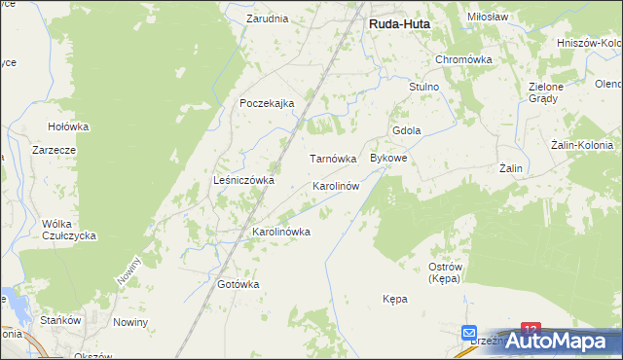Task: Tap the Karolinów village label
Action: (x=336, y=185)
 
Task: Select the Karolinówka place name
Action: (x=280, y=232)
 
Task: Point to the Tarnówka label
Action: (x=333, y=158)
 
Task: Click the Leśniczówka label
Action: (x=243, y=180)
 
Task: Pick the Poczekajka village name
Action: (x=267, y=104)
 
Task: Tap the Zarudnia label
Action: (x=267, y=18)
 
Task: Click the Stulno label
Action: (x=424, y=87)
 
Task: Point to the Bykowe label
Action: (x=387, y=158)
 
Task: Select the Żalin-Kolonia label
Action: (x=581, y=145)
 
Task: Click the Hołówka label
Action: (x=68, y=126)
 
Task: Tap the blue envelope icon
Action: (x=469, y=332)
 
